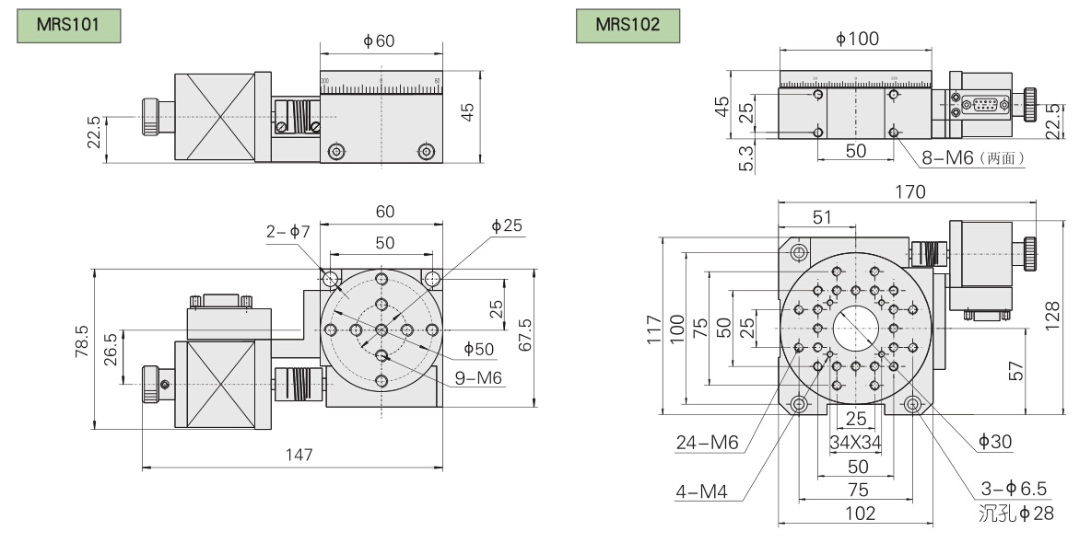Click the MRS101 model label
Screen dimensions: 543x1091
pyautogui.click(x=67, y=25)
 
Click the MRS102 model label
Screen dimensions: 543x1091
pyautogui.click(x=628, y=25)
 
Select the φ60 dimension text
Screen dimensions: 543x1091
pyautogui.click(x=379, y=40)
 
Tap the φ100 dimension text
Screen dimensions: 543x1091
pyautogui.click(x=857, y=39)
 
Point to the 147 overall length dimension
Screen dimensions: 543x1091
pyautogui.click(x=299, y=455)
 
